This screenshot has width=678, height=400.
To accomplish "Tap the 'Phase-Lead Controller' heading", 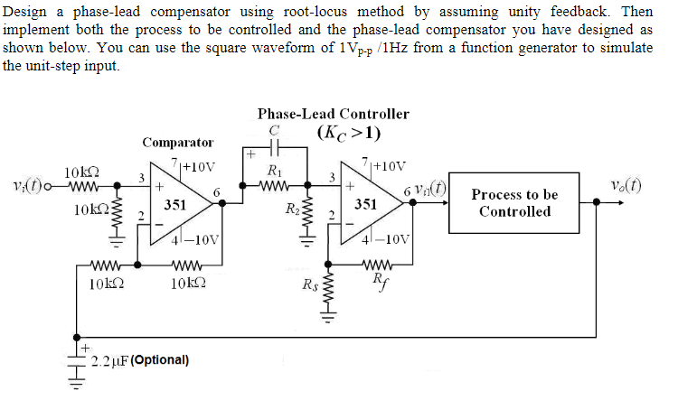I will coord(333,114).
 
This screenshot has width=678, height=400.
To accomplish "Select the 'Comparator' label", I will coord(178,142).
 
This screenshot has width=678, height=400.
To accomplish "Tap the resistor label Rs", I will coord(310,289).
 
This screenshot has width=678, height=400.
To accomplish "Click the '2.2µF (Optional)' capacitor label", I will coord(139,360).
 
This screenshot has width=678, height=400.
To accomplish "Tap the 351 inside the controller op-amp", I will coord(364,204).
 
